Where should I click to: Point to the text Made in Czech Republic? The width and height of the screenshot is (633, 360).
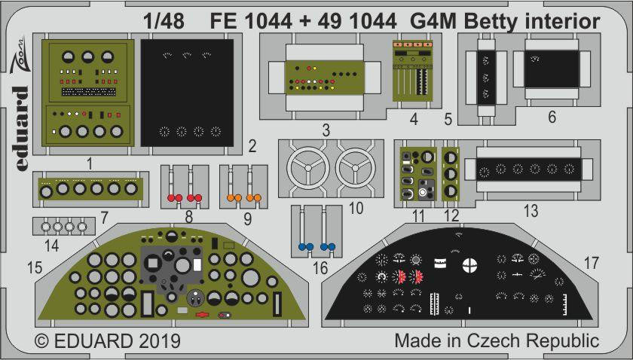tap(497, 340)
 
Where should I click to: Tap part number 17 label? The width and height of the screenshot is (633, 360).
tap(592, 264)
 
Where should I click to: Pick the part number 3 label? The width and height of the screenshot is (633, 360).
tap(325, 131)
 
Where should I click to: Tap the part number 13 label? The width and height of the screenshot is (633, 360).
tap(531, 212)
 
